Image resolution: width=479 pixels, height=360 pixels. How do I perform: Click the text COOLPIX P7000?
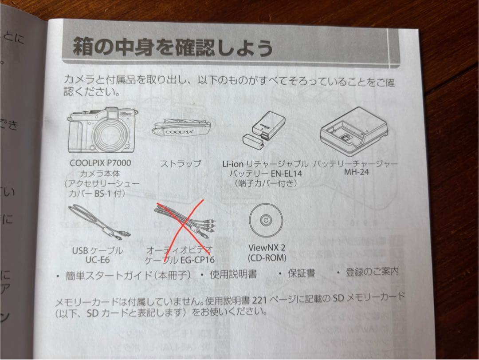pos(100,162)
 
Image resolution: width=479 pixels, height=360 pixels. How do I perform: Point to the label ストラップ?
pos(181,163)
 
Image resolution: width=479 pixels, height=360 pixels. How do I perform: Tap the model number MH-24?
pos(356,172)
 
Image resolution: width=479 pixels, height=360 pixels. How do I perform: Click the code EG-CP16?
pos(198,260)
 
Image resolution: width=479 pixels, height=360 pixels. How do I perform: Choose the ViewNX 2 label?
pos(267,248)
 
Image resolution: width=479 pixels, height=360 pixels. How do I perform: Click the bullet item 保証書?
pos(302,273)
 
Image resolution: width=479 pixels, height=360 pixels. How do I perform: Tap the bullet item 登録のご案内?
pos(372,272)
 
